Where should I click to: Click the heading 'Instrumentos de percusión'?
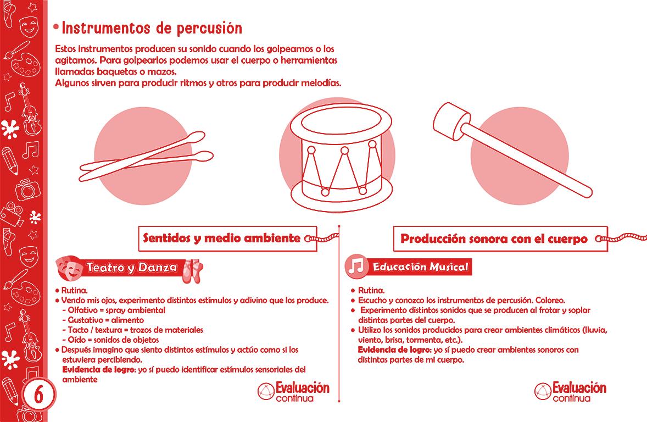(152, 28)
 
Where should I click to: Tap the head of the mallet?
(451, 121)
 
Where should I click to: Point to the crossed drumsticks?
(147, 157)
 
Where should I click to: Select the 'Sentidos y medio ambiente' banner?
(227, 238)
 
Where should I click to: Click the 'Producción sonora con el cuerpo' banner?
(500, 238)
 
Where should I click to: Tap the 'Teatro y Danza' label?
(131, 268)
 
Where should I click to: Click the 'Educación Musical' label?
(421, 266)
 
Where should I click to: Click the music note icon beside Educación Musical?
(356, 266)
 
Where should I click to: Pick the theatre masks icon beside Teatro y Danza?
(69, 268)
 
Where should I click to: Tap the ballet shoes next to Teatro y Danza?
(192, 271)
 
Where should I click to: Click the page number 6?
(38, 395)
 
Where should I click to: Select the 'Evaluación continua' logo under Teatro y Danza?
(294, 391)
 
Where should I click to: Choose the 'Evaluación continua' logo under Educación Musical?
(570, 391)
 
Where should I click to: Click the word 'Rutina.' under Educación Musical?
(371, 290)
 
